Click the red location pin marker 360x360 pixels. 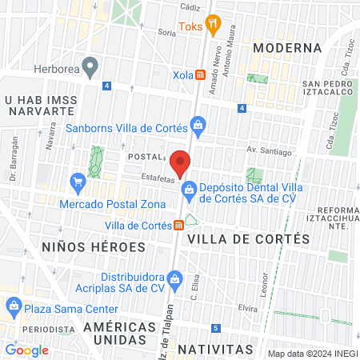pyautogui.click(x=180, y=162)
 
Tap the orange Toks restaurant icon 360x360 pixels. pyautogui.click(x=212, y=25)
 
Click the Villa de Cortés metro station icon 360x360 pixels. pyautogui.click(x=178, y=226)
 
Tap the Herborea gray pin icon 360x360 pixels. pyautogui.click(x=90, y=65)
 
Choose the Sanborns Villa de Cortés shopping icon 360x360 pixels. pyautogui.click(x=198, y=125)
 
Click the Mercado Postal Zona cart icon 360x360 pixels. pyautogui.click(x=78, y=183)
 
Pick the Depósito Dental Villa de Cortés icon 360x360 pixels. pyautogui.click(x=190, y=190)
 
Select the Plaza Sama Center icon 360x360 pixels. pyautogui.click(x=14, y=305)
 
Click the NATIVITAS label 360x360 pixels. pyautogui.click(x=215, y=350)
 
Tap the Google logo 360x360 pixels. pyautogui.click(x=26, y=350)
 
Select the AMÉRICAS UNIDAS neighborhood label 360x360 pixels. pyautogui.click(x=119, y=334)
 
